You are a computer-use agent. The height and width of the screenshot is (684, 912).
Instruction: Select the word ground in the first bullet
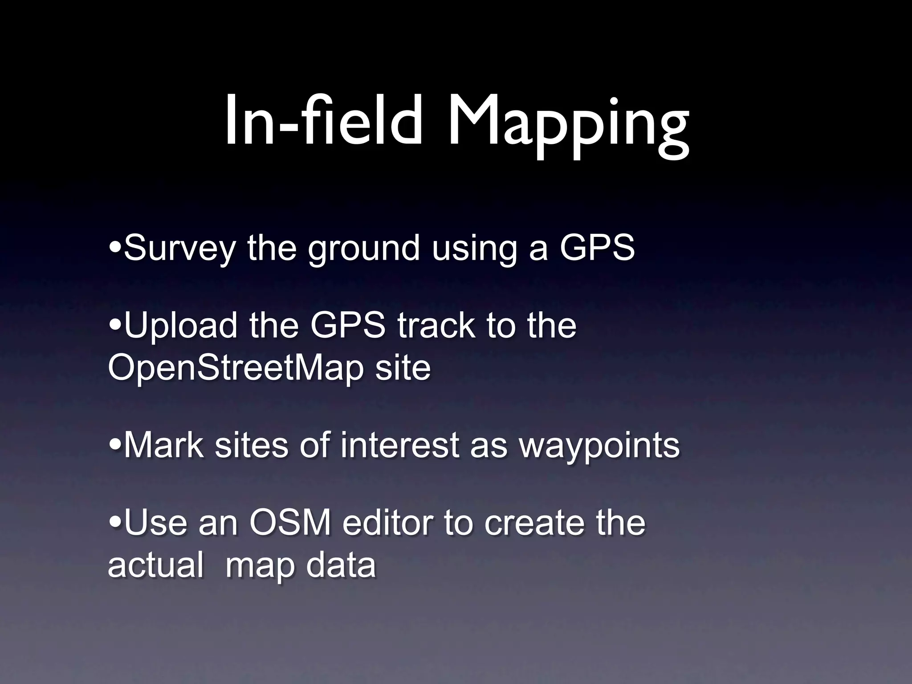coord(364,248)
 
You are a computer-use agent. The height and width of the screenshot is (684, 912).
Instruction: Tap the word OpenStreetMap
coord(236,369)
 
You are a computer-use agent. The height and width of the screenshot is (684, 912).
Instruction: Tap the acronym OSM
coord(290,523)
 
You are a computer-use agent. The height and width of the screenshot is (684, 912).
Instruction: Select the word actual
coord(155,565)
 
